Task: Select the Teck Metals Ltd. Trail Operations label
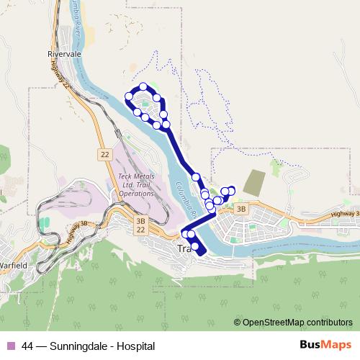click(136, 184)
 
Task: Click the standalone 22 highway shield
click(104, 153)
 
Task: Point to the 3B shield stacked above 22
click(140, 222)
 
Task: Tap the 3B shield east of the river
click(240, 209)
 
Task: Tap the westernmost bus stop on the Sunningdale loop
click(130, 96)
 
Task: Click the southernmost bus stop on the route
click(195, 246)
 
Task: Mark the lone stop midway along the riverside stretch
click(195, 176)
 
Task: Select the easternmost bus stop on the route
click(231, 190)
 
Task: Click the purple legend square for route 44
click(10, 346)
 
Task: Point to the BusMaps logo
click(322, 345)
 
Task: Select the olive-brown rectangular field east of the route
click(253, 181)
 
